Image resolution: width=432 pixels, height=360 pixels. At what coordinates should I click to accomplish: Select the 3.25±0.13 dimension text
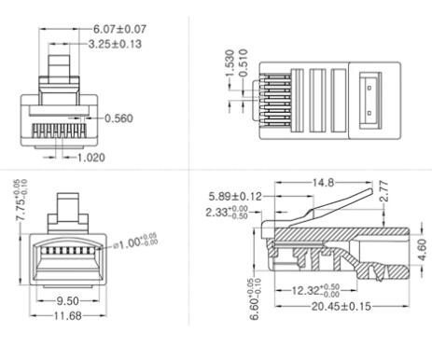click(116, 43)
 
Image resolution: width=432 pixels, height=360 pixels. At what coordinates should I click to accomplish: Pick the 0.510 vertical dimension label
click(243, 67)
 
